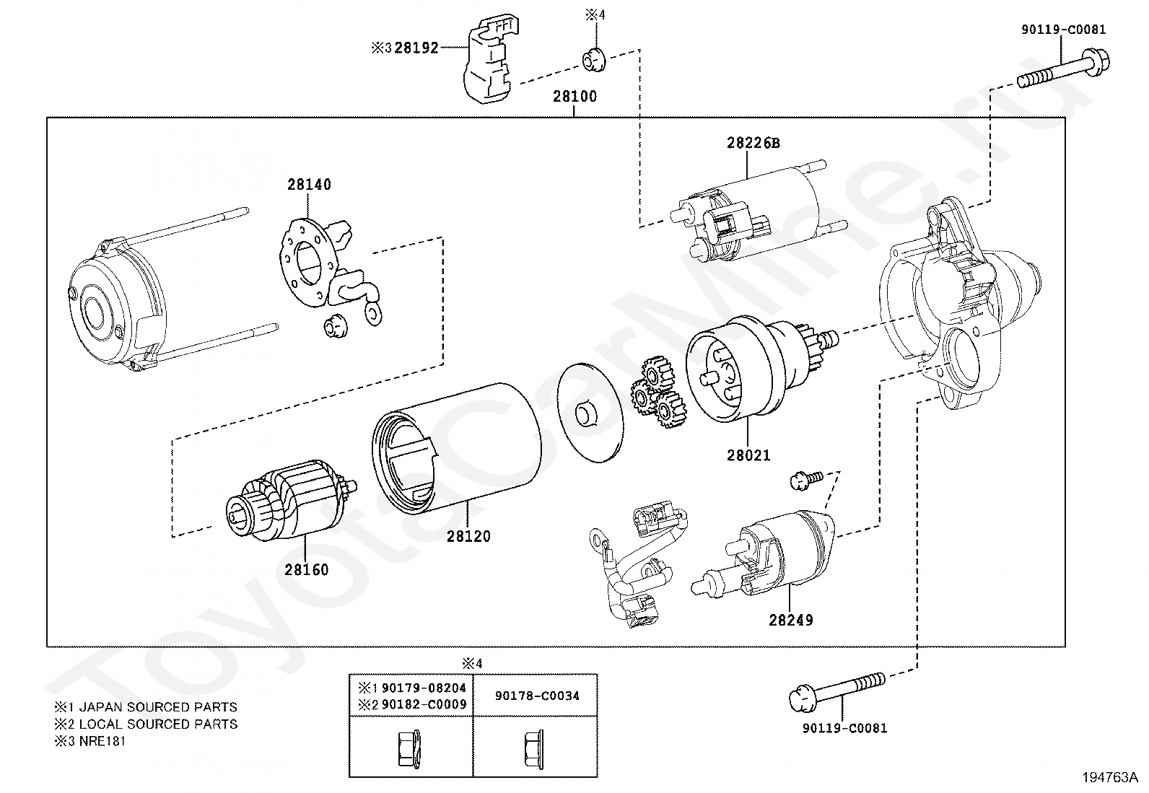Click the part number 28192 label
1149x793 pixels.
[x=416, y=48]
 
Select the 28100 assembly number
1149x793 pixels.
[x=574, y=96]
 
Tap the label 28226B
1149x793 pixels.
[x=753, y=143]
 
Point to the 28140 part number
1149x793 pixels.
[x=309, y=185]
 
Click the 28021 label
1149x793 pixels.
[x=748, y=455]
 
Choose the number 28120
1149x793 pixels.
[x=468, y=536]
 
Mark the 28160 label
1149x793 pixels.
[x=306, y=570]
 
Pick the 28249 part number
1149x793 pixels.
[x=790, y=620]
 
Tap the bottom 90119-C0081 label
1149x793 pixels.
[x=844, y=728]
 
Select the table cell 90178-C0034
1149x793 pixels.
[x=537, y=696]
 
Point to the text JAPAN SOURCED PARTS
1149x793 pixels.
[x=158, y=707]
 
